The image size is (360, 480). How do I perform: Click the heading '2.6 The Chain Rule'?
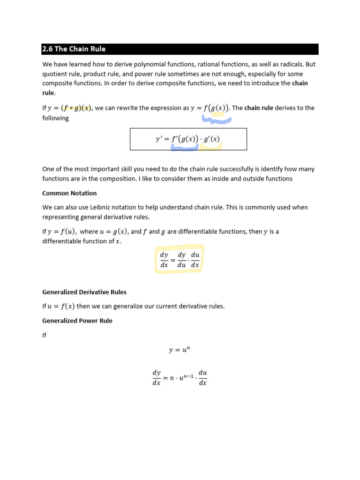74,49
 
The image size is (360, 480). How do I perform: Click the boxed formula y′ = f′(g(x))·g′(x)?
187,139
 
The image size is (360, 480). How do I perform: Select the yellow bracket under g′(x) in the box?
210,147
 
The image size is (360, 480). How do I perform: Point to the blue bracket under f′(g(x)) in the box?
184,148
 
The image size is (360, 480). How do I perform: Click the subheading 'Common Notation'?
69,193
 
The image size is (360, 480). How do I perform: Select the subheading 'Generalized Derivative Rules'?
84,292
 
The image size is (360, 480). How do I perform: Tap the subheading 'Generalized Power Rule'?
77,321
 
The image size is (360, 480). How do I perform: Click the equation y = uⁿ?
179,350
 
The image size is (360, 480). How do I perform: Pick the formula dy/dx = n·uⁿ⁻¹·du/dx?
180,377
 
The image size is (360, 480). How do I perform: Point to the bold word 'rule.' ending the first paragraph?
49,93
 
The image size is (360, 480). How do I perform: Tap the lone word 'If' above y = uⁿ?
45,335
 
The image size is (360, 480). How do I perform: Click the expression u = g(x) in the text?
114,232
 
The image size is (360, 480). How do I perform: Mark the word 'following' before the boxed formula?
55,118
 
